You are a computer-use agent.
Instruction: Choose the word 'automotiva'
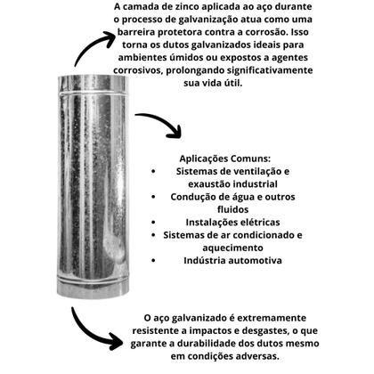(254, 261)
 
